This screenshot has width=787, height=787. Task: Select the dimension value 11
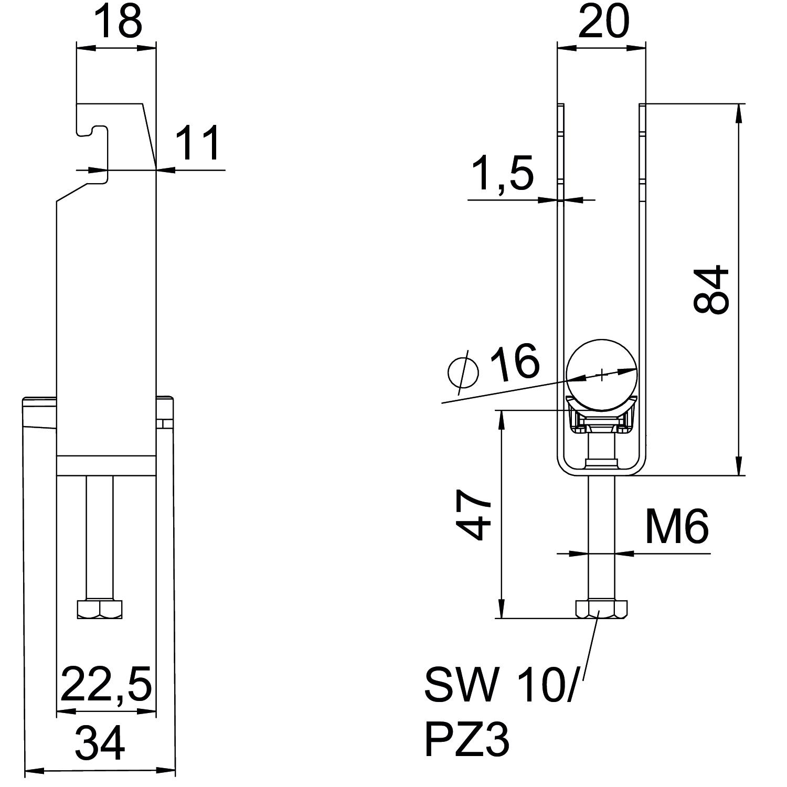pos(197,143)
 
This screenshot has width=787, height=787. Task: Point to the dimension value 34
pos(100,743)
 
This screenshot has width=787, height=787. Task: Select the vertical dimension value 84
pos(711,290)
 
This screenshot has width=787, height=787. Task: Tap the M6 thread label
pos(677,526)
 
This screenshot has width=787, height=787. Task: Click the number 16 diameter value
pos(514,362)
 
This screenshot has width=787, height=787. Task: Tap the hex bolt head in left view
pos(100,609)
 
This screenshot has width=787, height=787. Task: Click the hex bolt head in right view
pos(601,609)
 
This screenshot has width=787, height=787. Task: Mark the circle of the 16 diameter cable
pos(601,374)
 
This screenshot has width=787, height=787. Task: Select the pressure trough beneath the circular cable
pos(601,417)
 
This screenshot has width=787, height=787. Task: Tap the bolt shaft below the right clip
pos(601,535)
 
